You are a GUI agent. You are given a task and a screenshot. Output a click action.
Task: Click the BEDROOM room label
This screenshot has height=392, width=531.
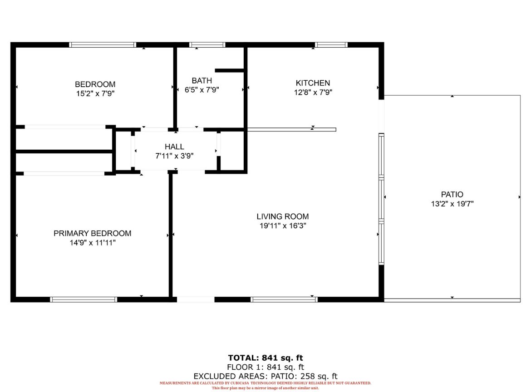95,84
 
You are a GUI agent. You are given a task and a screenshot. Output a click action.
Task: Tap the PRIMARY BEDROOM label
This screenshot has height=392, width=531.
93,233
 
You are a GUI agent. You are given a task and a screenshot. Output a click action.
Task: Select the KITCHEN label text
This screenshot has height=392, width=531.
313,83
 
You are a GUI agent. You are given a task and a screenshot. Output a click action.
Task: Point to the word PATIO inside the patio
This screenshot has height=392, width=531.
452,194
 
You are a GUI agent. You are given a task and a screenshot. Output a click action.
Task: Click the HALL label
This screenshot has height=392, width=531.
174,147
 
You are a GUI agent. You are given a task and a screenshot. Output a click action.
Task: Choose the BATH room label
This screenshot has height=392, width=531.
202,81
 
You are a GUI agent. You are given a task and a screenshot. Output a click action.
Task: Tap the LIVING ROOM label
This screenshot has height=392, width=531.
283,216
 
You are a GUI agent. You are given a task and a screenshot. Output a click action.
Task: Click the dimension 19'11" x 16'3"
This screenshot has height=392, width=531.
283,226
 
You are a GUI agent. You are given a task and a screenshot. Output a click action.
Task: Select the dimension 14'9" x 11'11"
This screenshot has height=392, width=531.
93,243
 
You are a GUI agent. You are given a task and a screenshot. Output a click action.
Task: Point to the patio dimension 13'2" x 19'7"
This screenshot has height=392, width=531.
452,204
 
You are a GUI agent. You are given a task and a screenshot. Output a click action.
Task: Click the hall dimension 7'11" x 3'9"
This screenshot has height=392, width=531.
174,156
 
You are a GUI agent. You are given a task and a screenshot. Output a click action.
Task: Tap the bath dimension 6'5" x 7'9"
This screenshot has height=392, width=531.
202,90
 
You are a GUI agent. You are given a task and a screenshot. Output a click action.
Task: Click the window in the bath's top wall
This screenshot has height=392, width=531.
207,44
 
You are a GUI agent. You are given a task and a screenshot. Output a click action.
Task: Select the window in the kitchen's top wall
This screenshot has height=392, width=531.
331,44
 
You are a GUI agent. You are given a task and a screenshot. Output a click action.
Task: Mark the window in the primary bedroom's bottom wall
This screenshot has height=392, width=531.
84,299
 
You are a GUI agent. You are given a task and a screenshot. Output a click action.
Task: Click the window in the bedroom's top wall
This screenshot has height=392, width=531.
103,44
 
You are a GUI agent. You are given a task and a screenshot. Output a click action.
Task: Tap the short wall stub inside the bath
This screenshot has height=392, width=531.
229,70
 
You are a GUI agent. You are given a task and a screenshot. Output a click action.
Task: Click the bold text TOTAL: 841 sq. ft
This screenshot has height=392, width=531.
265,358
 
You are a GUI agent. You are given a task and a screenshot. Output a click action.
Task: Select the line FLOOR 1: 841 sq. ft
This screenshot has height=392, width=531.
265,367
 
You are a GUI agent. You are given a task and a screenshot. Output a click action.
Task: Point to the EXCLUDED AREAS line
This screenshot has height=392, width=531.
265,377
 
